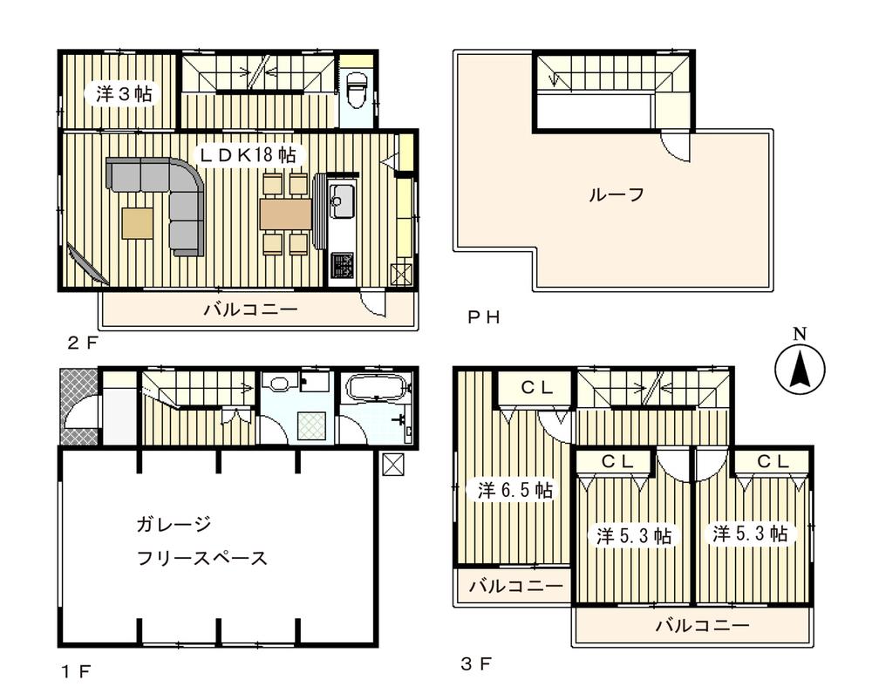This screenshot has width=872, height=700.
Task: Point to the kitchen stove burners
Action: tap(341, 263)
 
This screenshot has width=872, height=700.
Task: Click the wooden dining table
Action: tap(285, 214)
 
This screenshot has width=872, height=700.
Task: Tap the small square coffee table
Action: tap(137, 221)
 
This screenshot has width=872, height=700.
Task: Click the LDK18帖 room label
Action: tap(248, 154)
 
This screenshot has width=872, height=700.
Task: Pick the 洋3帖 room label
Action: tap(123, 94)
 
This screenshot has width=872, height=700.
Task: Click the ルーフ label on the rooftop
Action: tap(616, 194)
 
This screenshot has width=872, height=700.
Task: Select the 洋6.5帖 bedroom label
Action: tap(514, 491)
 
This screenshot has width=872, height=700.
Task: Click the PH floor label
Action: tap(482, 317)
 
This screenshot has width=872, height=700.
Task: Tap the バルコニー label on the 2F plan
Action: tap(251, 309)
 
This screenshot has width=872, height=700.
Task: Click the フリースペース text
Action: tap(201, 558)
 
